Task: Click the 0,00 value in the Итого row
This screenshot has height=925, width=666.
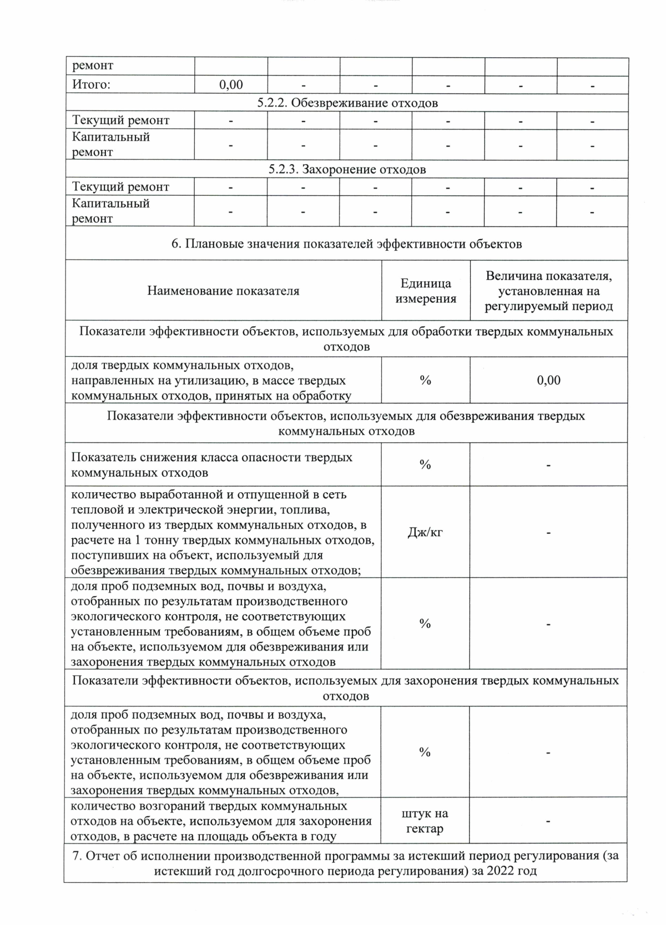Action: click(231, 85)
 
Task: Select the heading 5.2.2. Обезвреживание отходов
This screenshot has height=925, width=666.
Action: click(347, 103)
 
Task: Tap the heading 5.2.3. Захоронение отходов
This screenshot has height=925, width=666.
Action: click(347, 169)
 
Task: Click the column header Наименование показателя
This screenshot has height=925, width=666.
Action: click(223, 291)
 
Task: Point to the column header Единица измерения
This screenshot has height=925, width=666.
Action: click(426, 291)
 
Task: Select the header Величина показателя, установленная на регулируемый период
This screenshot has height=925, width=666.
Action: click(548, 291)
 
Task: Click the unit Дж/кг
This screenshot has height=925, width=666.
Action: click(425, 532)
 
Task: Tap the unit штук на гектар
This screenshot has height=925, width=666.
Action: click(425, 821)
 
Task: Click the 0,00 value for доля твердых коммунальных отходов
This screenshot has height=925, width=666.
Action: click(548, 380)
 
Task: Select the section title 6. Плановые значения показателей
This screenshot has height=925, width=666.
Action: click(347, 244)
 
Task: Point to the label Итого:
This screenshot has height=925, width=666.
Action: click(92, 85)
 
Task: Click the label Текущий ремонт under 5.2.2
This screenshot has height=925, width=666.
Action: click(120, 120)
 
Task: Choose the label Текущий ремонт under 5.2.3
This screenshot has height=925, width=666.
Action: click(120, 187)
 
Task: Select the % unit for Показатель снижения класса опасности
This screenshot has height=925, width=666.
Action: click(425, 465)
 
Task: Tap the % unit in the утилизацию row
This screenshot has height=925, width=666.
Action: click(425, 380)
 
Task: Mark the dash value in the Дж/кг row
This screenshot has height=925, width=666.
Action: click(548, 533)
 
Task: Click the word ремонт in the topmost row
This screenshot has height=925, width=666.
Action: click(93, 65)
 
